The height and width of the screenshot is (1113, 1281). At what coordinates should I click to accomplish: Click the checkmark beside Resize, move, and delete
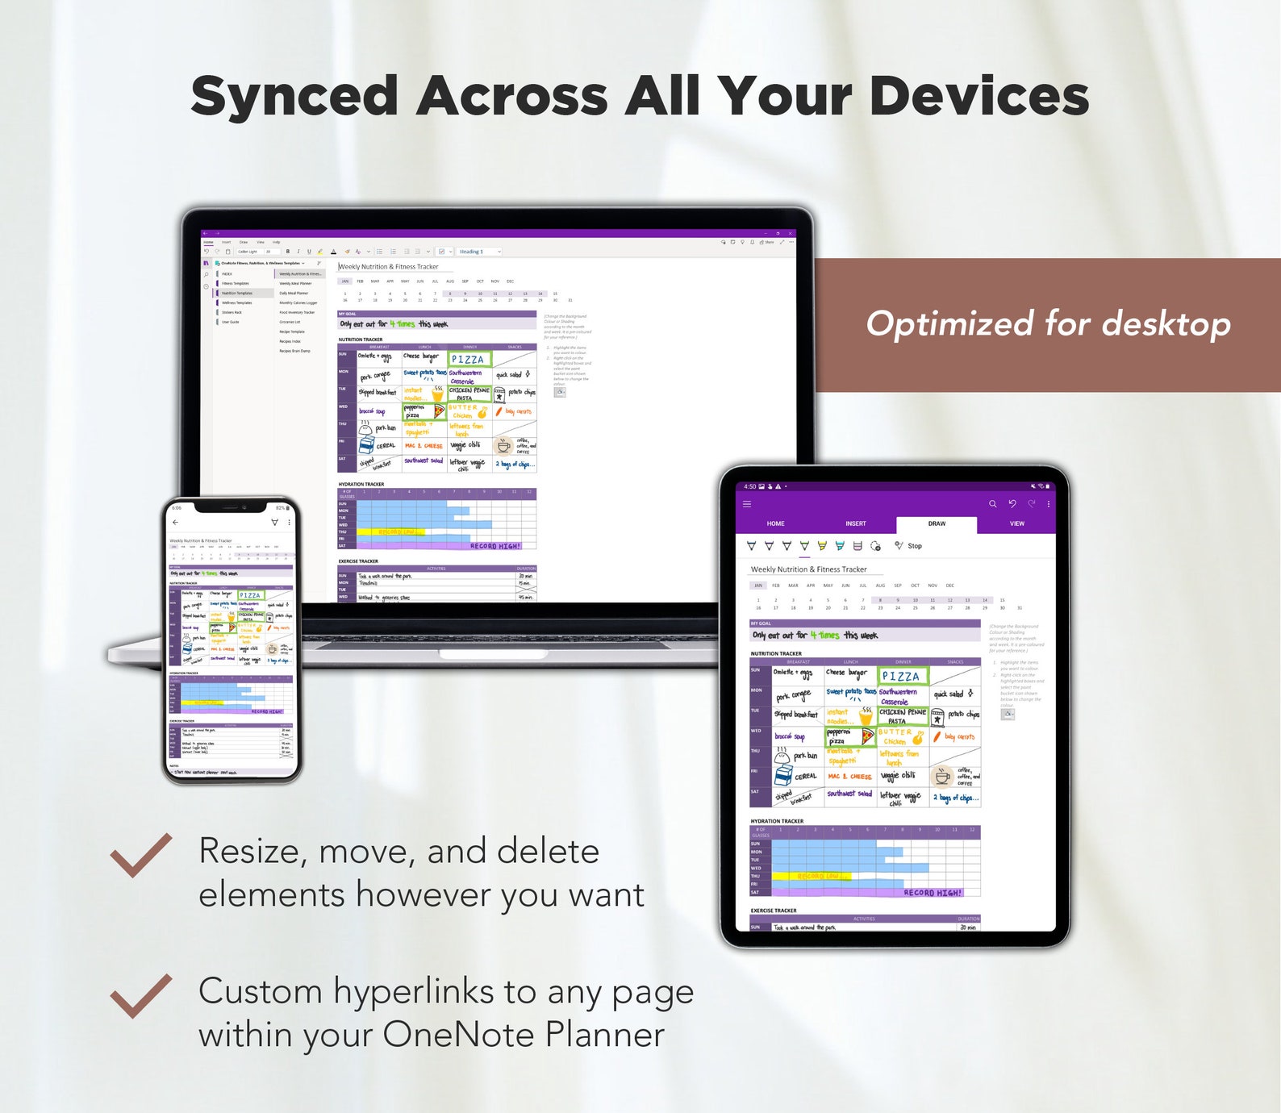[141, 855]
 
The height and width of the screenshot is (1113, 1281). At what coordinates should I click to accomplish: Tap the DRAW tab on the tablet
[937, 524]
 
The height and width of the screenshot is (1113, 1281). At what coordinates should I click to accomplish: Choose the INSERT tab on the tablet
[856, 524]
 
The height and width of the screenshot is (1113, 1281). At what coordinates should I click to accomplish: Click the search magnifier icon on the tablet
[992, 504]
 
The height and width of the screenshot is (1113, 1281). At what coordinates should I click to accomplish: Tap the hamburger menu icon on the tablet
[747, 504]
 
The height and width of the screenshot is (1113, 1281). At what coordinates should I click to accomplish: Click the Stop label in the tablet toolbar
[914, 546]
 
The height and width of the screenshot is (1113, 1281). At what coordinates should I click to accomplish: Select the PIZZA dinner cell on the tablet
[902, 676]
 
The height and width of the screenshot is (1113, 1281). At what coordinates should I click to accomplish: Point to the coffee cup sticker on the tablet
[941, 776]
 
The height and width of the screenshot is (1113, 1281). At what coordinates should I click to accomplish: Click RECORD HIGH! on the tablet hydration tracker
[932, 893]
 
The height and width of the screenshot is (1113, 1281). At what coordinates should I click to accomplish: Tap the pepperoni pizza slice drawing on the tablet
[867, 736]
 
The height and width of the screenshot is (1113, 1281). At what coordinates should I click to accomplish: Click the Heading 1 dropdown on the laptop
[479, 252]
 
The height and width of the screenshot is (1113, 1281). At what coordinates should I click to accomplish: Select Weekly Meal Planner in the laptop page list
[294, 283]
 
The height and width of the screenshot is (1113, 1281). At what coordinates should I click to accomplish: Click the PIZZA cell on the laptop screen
[469, 359]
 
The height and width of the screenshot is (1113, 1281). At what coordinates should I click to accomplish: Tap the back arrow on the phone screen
[176, 523]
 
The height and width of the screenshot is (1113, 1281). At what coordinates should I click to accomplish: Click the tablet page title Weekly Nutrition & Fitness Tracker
[808, 569]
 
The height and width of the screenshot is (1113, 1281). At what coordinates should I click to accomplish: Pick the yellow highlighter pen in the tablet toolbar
[822, 546]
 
